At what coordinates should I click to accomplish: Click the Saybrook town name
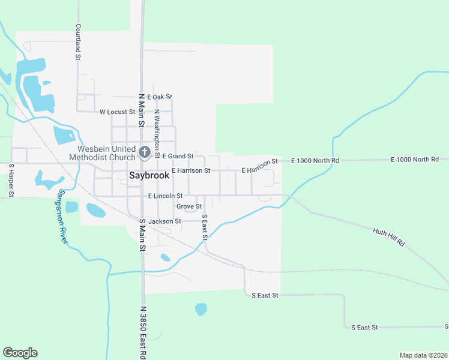pos(149,176)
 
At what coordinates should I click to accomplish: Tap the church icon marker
pos(144,152)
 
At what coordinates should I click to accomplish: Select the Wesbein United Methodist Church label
pos(107,153)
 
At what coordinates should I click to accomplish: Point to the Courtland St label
pos(78,42)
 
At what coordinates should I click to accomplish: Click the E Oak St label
pos(159,97)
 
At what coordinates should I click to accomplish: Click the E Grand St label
pos(178,156)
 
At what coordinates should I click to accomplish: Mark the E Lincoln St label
pos(164,196)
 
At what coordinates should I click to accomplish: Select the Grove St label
pos(188,206)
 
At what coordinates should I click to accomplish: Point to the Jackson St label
pos(164,221)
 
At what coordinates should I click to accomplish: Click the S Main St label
pos(142,239)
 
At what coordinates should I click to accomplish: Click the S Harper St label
pos(11,180)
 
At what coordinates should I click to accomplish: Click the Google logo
pos(20,353)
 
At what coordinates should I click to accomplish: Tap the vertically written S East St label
pos(205,227)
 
